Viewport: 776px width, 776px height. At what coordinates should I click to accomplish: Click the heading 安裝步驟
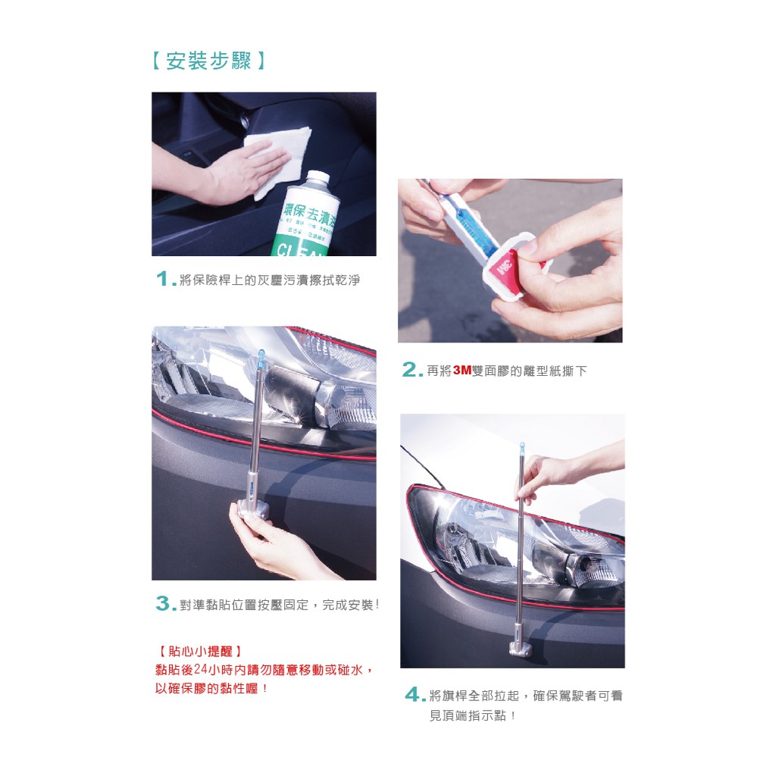point(208,61)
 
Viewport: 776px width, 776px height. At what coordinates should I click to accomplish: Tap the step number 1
point(164,279)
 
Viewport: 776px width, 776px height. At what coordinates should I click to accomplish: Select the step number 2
point(410,369)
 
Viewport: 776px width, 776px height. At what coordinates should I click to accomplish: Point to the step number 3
point(164,603)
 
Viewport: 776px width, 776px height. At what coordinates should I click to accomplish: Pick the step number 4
point(413,694)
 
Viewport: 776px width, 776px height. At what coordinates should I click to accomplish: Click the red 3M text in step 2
point(462,370)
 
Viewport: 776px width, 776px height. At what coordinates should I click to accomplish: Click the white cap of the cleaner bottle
point(318,177)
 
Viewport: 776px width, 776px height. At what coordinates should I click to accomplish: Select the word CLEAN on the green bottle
point(299,250)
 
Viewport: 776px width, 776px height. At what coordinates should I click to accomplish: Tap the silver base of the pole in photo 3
point(253,510)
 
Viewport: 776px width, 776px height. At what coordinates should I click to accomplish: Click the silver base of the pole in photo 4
point(521,649)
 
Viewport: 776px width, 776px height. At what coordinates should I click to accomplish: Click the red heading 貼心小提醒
point(200,651)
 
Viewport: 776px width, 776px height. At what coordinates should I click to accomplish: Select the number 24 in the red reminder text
point(200,670)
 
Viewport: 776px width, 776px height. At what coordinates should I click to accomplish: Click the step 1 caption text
point(270,280)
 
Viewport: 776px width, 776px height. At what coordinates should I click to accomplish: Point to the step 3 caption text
point(279,605)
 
